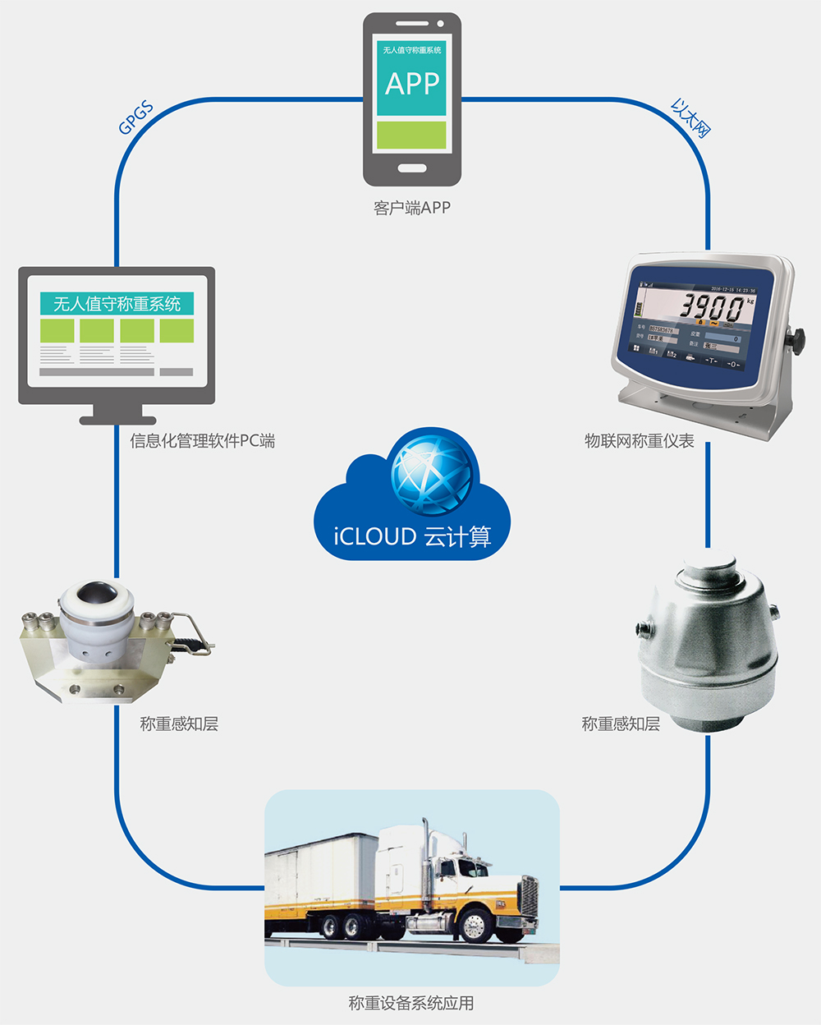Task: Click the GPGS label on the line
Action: pos(135,119)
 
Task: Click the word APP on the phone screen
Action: pos(412,84)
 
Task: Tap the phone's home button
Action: pos(412,168)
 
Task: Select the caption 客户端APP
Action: pos(412,208)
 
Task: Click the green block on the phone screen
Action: pos(411,136)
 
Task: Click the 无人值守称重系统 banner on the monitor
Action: pos(117,304)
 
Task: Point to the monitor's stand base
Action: pos(117,420)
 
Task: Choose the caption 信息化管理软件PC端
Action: pos(202,441)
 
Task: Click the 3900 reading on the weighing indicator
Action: pos(712,308)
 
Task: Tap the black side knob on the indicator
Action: pos(796,338)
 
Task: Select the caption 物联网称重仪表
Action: pos(640,441)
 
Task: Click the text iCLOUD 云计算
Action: pos(412,536)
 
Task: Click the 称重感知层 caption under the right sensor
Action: pos(621,724)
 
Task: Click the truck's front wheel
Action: pos(474,926)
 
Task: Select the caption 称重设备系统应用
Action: pos(411,1003)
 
